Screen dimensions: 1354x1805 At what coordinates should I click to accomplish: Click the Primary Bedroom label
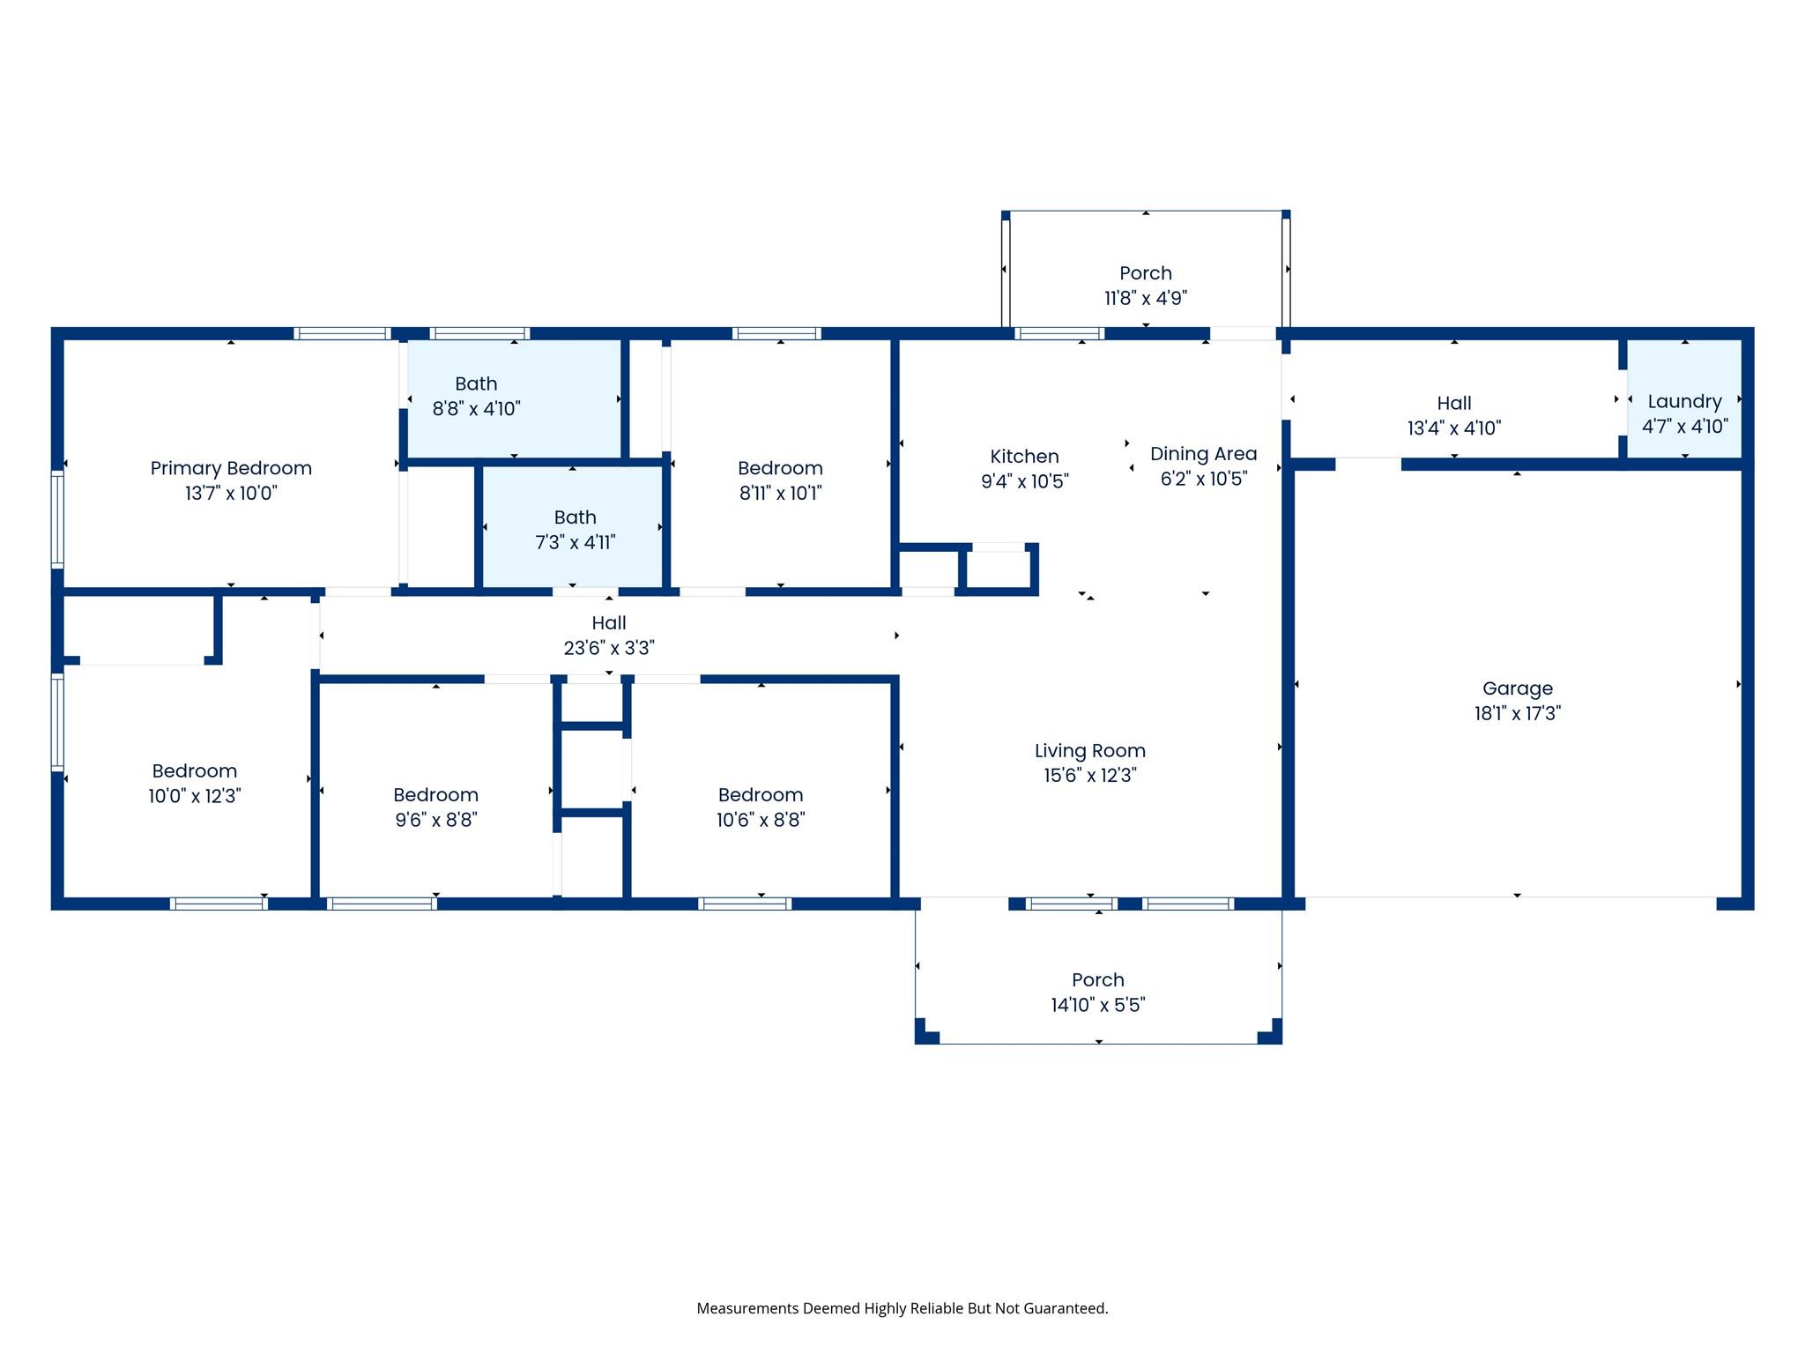[231, 468]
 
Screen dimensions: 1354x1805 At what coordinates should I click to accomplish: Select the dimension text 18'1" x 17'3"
[1517, 713]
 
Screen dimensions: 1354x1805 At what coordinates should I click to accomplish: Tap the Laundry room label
[1684, 402]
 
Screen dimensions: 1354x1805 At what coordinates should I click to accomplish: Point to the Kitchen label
[1024, 457]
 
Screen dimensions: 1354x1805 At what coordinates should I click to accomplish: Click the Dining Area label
[1203, 454]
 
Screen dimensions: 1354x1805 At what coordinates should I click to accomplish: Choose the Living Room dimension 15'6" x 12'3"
[1089, 775]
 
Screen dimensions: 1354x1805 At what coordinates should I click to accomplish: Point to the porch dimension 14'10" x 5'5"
[1097, 1005]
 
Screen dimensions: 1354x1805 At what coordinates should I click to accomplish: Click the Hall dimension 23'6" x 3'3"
[608, 648]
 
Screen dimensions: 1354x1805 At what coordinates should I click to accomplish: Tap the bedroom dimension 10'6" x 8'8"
[760, 820]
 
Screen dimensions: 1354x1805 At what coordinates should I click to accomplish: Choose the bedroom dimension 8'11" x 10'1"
[780, 493]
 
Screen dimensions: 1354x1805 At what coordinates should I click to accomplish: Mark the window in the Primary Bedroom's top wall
[341, 333]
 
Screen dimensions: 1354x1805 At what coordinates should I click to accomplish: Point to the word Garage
[1517, 688]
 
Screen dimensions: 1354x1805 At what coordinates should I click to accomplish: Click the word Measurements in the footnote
[747, 1308]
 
